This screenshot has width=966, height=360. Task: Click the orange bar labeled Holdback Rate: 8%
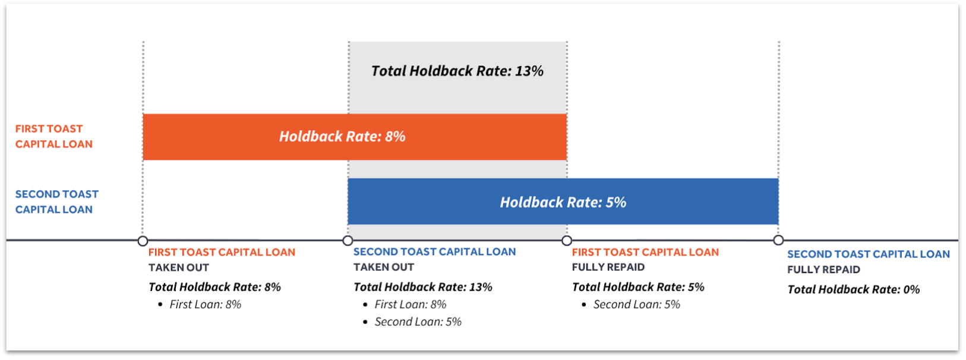[x=355, y=137]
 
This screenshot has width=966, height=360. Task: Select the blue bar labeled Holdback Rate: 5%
[x=563, y=202]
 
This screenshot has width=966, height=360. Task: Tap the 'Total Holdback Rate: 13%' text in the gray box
[x=457, y=71]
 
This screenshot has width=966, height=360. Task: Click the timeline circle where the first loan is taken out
[x=143, y=241]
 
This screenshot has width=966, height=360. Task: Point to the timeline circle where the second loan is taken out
[x=348, y=241]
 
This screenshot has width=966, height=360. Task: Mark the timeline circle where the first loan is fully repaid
[x=567, y=241]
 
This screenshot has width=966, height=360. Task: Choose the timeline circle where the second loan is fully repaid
[x=778, y=240]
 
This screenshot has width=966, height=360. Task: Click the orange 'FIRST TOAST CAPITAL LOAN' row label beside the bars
[x=54, y=136]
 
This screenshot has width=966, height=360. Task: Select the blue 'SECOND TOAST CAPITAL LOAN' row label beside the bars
[x=57, y=202]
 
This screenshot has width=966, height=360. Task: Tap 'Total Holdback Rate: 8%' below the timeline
[x=214, y=287]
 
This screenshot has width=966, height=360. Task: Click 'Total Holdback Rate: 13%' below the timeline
[x=423, y=287]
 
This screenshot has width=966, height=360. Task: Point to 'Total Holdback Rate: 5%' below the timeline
[x=638, y=287]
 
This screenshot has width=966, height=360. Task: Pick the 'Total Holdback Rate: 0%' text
[x=854, y=289]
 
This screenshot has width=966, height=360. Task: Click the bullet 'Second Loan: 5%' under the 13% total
[x=418, y=321]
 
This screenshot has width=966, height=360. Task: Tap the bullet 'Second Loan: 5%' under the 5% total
[x=636, y=304]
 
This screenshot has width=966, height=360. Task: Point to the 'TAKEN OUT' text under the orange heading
[x=179, y=268]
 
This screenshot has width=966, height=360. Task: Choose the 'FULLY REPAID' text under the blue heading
[x=823, y=270]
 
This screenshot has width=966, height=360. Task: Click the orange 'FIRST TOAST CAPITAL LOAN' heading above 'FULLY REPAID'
[x=646, y=252]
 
